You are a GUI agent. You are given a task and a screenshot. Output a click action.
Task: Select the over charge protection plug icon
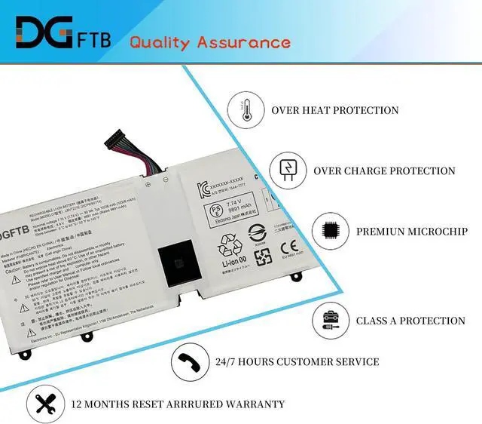[287, 170]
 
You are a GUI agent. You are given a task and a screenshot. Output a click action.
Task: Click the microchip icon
[329, 231]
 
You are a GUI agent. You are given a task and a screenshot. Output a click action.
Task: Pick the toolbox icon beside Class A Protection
[329, 320]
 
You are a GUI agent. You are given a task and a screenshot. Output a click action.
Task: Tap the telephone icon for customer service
[189, 362]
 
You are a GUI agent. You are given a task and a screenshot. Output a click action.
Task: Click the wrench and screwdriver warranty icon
[44, 404]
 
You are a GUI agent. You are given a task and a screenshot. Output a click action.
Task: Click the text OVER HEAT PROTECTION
[335, 110]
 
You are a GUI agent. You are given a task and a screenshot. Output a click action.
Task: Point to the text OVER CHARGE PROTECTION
[384, 171]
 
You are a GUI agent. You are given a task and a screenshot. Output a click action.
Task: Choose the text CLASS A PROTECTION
[410, 321]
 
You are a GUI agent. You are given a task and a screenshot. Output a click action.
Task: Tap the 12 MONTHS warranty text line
[178, 404]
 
